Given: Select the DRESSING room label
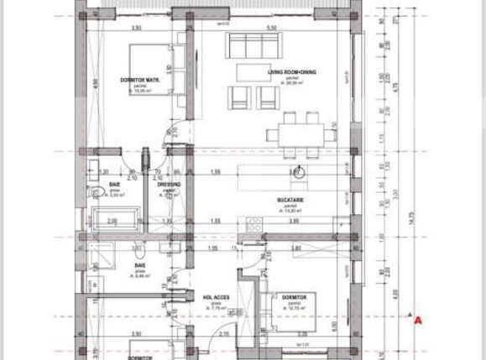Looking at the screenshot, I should pyautogui.click(x=170, y=184).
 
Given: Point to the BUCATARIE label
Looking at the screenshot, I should pyautogui.click(x=289, y=200).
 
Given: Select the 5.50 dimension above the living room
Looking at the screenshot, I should pyautogui.click(x=271, y=29).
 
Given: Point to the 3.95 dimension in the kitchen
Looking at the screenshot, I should pyautogui.click(x=294, y=222).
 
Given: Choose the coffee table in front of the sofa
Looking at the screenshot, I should pyautogui.click(x=254, y=70).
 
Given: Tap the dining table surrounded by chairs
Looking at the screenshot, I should pyautogui.click(x=300, y=134).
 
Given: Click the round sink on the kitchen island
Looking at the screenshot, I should pyautogui.click(x=299, y=174).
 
